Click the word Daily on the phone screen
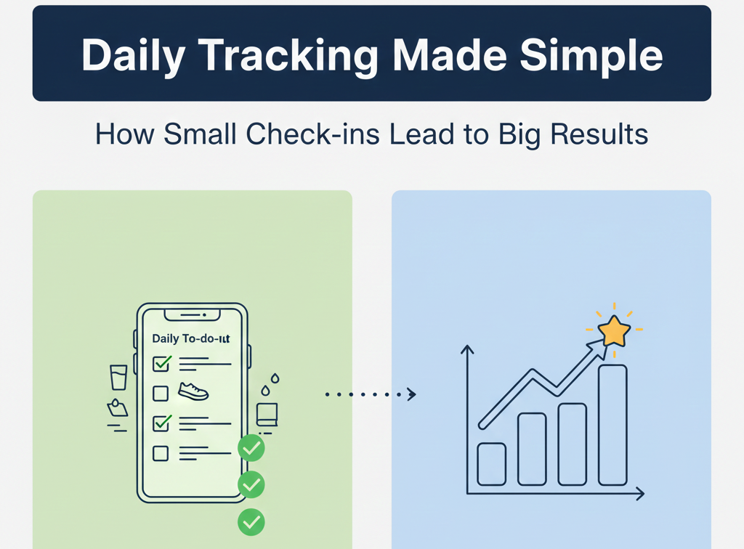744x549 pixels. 166,339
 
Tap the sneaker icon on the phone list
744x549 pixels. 193,392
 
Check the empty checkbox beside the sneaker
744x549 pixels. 161,394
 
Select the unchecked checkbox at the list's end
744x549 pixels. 161,453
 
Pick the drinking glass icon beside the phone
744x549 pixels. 118,378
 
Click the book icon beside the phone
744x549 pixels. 267,415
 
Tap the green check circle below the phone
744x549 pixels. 251,520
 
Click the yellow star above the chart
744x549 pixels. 614,332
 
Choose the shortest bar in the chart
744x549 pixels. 491,463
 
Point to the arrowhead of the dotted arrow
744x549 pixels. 412,394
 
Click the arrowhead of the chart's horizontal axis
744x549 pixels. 640,494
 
